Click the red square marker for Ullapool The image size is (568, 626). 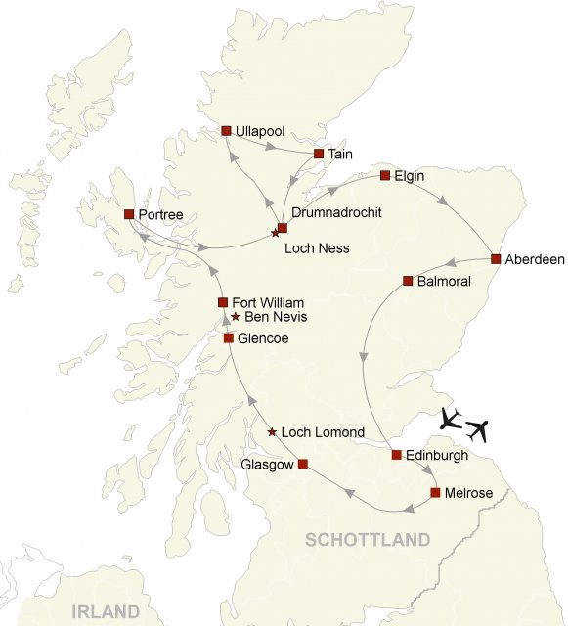226,130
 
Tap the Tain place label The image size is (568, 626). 340,154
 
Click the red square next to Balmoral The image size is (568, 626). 409,281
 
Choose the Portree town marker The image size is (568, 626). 129,213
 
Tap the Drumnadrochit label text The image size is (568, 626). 335,212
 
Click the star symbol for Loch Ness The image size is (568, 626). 275,233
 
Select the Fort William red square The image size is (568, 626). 223,302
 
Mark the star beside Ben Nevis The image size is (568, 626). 236,317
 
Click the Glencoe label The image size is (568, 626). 264,338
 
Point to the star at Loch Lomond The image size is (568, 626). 272,432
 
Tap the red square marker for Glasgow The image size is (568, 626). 302,464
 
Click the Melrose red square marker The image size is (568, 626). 435,492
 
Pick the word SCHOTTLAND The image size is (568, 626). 367,540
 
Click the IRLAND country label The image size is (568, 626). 106,612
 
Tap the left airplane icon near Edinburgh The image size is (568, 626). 451,419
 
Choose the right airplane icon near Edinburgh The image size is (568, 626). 477,428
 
